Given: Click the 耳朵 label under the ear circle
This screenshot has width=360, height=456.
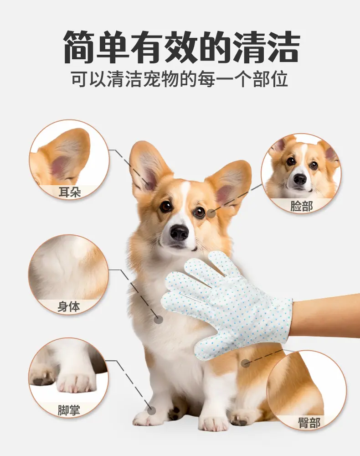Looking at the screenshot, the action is coord(69,192).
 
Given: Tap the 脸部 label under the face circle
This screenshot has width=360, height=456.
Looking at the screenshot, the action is coord(301,206).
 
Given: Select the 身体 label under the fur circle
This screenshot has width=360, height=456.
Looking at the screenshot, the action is coord(68,306).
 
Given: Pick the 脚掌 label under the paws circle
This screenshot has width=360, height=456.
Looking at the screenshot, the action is coord(68,410).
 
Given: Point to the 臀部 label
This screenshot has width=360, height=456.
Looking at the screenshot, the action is coord(309,423).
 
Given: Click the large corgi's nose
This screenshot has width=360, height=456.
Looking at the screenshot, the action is coord(179,233).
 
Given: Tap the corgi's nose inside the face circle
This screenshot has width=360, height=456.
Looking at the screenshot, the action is coord(300,179).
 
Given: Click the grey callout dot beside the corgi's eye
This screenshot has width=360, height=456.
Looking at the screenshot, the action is coord(211,214).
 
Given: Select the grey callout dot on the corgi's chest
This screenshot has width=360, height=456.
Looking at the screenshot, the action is coord(158,320).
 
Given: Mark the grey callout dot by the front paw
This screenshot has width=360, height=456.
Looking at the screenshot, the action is coord(151,411).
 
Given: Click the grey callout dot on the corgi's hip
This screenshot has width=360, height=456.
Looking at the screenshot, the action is coord(246,363).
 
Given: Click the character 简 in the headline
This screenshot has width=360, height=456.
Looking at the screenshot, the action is coord(80,47).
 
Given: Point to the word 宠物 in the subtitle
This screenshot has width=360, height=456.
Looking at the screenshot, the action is coord(162,79).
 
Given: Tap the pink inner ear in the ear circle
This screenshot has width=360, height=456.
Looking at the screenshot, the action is coord(62,166).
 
